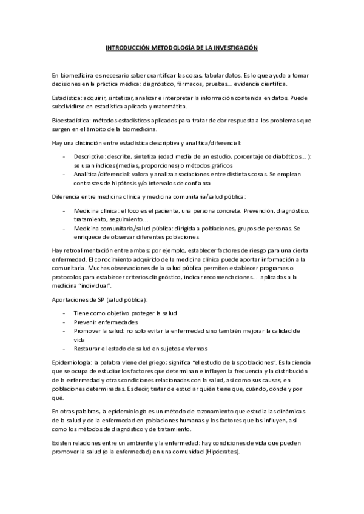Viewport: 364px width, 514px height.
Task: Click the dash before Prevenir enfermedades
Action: pyautogui.click(x=64, y=322)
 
